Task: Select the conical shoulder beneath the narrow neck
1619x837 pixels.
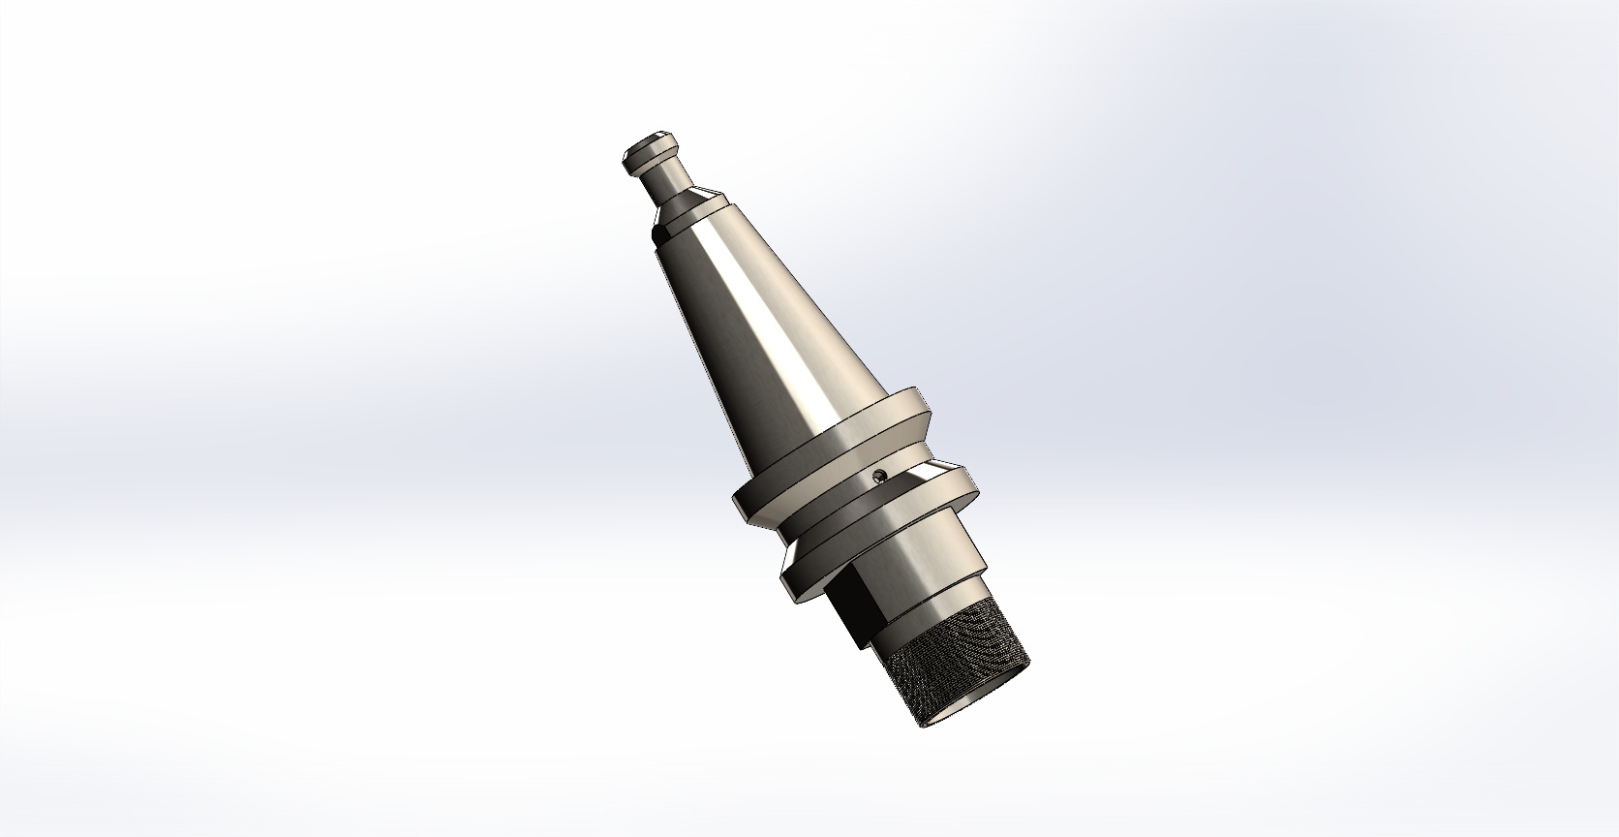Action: point(689,201)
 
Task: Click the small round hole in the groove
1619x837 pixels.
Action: point(879,474)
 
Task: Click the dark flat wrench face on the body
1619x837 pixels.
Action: point(852,610)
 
